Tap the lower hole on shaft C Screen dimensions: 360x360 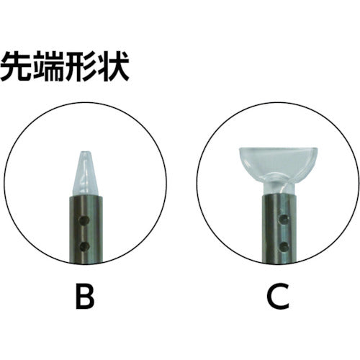284,246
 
